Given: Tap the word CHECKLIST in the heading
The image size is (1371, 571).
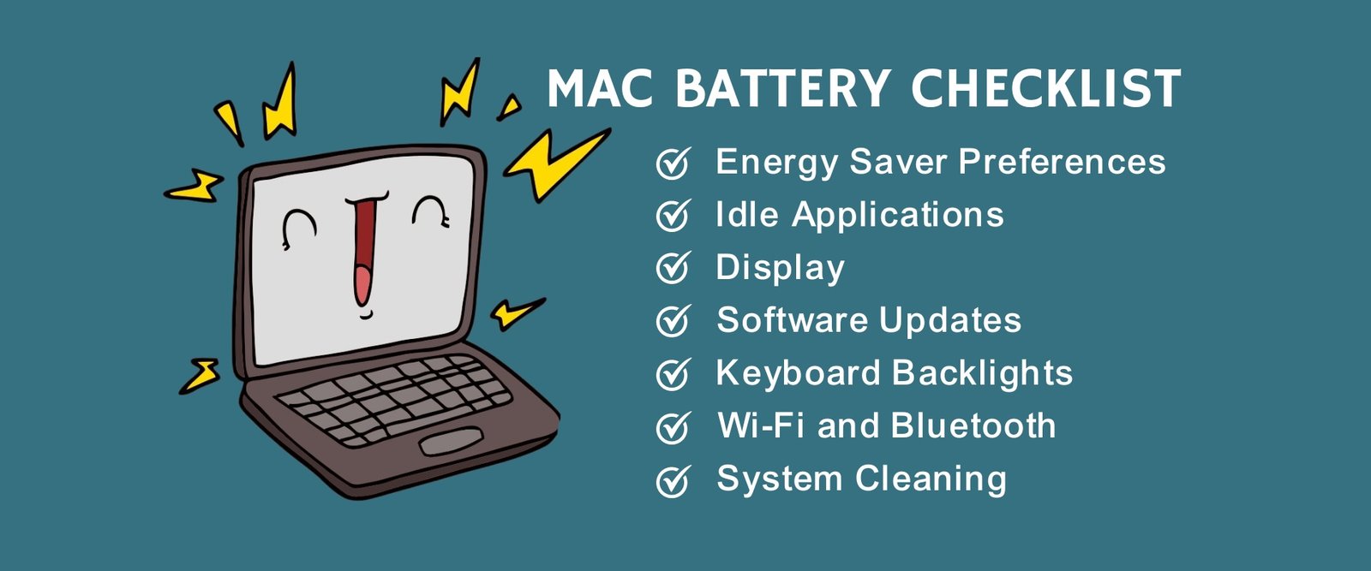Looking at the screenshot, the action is (1046, 88).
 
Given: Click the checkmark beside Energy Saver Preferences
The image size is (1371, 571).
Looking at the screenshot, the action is (674, 163).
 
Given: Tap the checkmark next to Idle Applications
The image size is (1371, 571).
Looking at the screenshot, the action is (674, 215).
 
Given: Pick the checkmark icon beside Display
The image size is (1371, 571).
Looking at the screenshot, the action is (674, 268).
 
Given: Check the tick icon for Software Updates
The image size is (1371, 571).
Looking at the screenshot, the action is (674, 321).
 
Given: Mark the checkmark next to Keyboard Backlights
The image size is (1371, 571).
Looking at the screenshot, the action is (674, 374).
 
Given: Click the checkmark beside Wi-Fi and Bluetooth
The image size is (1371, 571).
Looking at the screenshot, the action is (674, 427).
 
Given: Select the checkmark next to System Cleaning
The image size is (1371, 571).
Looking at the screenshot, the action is (674, 480).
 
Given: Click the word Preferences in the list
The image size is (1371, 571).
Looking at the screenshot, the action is (1062, 162).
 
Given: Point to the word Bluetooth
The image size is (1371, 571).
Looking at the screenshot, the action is (973, 425).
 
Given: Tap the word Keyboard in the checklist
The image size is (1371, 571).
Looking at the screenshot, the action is (799, 374).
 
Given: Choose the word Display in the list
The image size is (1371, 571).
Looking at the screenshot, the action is (781, 269).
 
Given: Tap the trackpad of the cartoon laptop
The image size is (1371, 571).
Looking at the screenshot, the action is (451, 442).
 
